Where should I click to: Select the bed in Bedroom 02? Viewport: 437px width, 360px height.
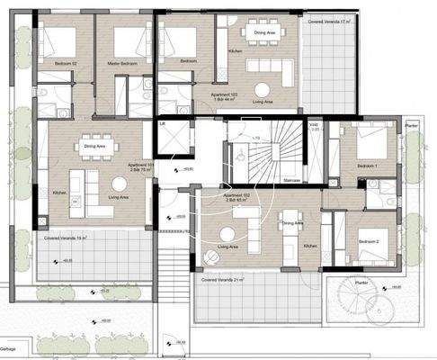pyautogui.click(x=62, y=40)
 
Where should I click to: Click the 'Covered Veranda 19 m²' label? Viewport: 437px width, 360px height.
pyautogui.click(x=66, y=238)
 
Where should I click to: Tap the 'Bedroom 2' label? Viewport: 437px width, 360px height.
pyautogui.click(x=369, y=242)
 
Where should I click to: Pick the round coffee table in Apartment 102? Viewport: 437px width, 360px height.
pyautogui.click(x=212, y=257)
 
